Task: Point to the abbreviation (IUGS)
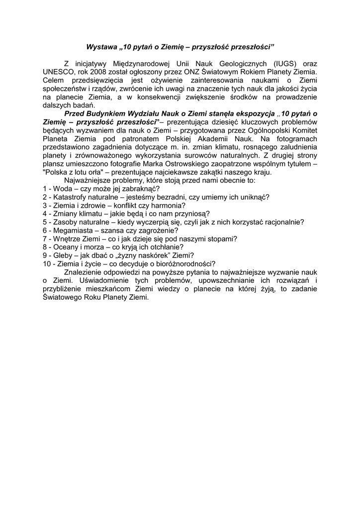pos(286,64)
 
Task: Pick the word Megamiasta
pos(73,231)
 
